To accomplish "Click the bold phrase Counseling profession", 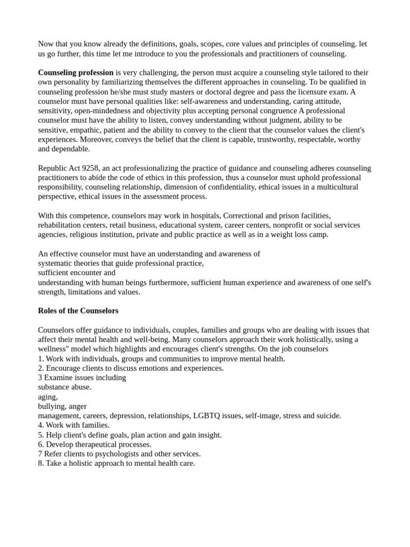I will coord(76,73).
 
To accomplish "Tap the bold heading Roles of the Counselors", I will coord(78,311).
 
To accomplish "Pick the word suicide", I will coord(328,416).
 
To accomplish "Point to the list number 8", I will coord(41,464).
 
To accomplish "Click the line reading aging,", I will coord(48,396).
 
